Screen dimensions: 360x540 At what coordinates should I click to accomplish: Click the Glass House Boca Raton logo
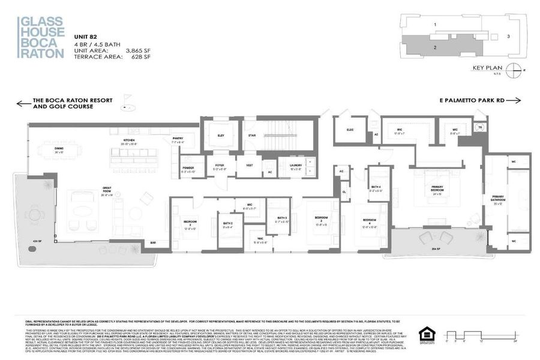click(x=41, y=37)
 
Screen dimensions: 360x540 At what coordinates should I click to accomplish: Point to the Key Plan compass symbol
click(x=514, y=69)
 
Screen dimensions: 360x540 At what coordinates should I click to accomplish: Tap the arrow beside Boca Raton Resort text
click(x=23, y=103)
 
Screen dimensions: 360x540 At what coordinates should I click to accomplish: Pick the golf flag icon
click(x=127, y=100)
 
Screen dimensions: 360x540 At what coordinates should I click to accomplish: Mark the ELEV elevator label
click(x=220, y=136)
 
